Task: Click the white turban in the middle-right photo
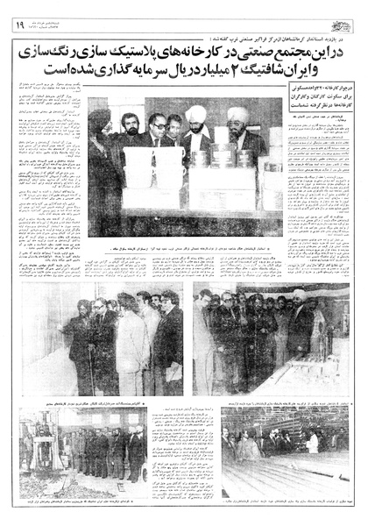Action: tap(299, 295)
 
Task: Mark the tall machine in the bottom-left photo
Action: tap(39, 447)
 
